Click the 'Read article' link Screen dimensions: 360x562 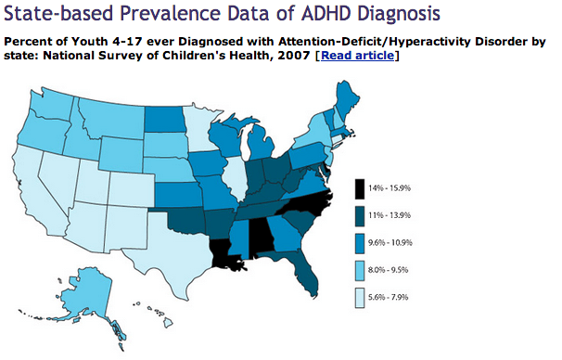pos(357,57)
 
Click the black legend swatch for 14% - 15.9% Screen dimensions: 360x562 pos(361,188)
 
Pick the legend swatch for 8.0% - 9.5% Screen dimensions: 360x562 pos(361,270)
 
